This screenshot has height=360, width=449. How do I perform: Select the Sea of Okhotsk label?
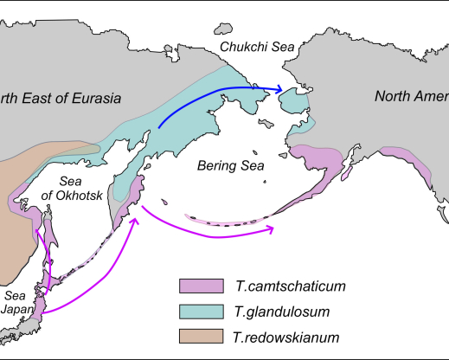[81, 188]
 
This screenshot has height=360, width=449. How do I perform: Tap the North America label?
[411, 95]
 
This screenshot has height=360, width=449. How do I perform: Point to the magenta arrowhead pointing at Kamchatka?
[135, 221]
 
